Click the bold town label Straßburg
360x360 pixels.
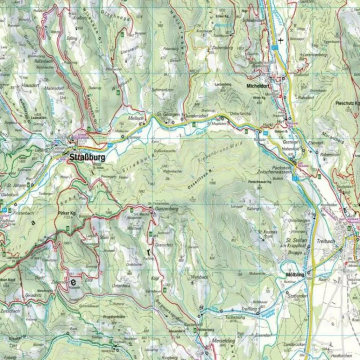(x=87, y=158)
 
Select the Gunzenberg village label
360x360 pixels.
(x=167, y=209)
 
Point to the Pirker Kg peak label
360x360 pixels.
(x=67, y=213)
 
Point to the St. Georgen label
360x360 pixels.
(x=168, y=115)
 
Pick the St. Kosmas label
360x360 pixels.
(x=268, y=232)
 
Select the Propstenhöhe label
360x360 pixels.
(x=114, y=317)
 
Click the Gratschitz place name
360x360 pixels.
(x=164, y=245)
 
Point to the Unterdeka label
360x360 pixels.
(x=121, y=286)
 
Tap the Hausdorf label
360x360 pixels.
(x=30, y=85)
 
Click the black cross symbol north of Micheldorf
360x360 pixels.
(x=281, y=40)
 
